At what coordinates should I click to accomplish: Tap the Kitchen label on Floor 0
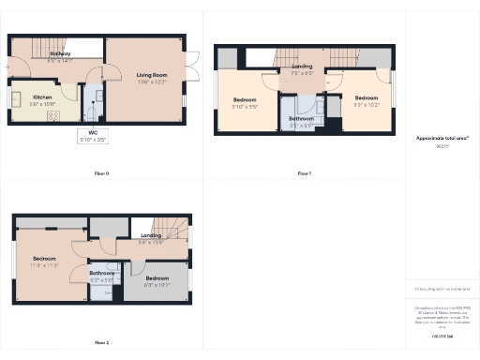[43, 97]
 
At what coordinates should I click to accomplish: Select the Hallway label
[61, 54]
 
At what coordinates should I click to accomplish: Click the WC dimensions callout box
[93, 136]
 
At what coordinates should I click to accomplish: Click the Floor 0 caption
[102, 173]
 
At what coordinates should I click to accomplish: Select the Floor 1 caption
[304, 173]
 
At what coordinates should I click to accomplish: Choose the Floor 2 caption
[102, 342]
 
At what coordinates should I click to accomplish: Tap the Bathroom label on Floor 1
[301, 119]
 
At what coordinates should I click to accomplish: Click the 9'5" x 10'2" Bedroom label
[367, 98]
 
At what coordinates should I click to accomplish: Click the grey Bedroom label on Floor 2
[157, 278]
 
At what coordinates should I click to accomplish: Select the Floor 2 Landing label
[151, 235]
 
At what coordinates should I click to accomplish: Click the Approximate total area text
[442, 138]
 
